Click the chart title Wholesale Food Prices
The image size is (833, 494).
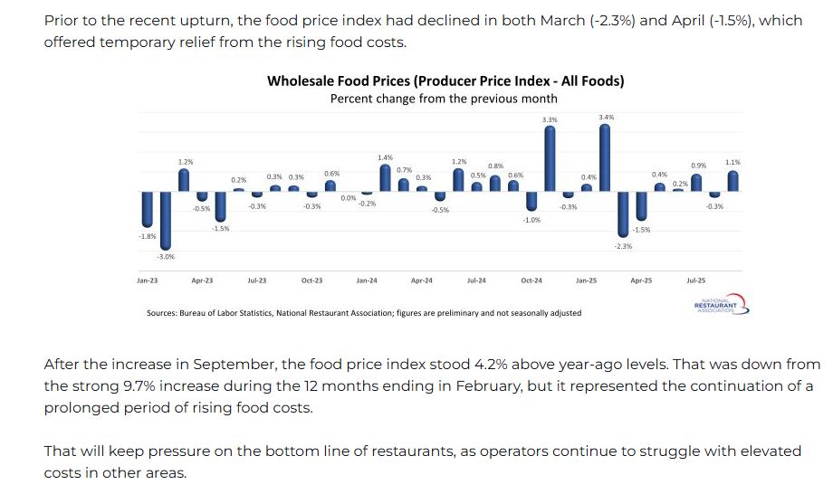point(445,81)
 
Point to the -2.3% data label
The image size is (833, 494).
point(623,246)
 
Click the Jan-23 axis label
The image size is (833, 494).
point(148,280)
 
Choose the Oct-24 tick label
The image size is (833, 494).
point(531,280)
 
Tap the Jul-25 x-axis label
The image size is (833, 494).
point(696,280)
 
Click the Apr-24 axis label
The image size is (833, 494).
point(422,280)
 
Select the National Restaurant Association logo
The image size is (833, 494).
point(721,304)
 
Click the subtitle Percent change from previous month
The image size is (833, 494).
point(444,98)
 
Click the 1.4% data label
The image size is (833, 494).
point(386,157)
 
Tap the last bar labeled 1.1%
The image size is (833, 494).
point(732,181)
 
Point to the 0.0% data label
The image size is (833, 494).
point(349,198)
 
